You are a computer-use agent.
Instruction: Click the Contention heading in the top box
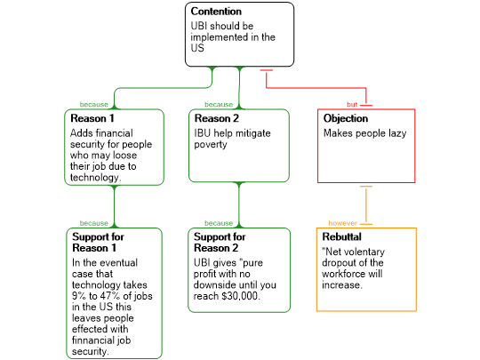coord(216,12)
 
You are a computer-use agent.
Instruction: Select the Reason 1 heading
coord(92,118)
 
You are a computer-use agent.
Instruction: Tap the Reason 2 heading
coord(217,118)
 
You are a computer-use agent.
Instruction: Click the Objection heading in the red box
coord(346,118)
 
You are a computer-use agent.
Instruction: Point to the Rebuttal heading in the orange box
coord(342,237)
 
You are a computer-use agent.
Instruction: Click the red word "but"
coord(352,105)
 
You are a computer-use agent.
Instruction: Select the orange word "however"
coord(342,223)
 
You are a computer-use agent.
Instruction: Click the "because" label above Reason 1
coord(93,105)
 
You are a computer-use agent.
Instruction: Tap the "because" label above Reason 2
coord(219,105)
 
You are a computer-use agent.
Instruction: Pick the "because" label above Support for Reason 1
coord(93,223)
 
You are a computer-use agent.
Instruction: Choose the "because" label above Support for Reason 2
coord(219,223)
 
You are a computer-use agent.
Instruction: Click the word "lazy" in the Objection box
coord(397,133)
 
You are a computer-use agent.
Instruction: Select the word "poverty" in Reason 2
coord(211,145)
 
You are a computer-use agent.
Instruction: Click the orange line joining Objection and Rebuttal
coord(366,205)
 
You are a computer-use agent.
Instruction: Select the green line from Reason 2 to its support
coord(239,205)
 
